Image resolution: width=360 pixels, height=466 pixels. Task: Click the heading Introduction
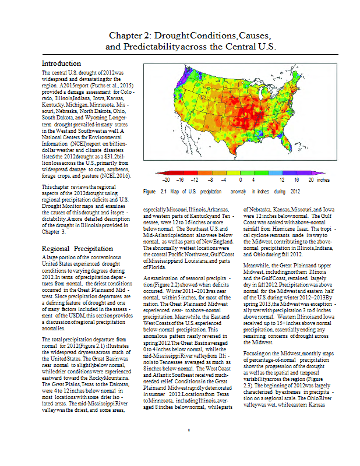click(61, 63)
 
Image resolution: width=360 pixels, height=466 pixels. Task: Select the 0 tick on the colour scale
click(241, 181)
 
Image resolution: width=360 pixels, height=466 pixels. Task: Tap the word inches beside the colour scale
click(323, 181)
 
